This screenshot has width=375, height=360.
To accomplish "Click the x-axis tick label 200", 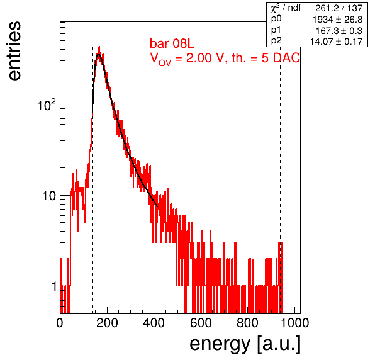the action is [x=107, y=323].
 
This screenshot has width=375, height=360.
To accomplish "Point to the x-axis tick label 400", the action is [x=154, y=323].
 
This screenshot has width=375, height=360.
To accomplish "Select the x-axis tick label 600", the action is [x=201, y=323].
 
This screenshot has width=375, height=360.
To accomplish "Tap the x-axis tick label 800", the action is [x=247, y=323].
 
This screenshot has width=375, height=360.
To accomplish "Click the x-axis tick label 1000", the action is [x=294, y=323].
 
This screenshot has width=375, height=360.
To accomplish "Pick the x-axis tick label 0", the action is [x=60, y=323].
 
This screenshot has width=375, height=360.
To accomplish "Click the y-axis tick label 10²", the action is [x=47, y=104].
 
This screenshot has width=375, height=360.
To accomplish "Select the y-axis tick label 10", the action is [x=49, y=196].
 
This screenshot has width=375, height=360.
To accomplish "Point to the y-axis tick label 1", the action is [x=54, y=286].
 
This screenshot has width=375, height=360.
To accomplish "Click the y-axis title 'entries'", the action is [x=14, y=51].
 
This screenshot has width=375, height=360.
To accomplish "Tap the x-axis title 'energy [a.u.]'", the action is [x=245, y=344].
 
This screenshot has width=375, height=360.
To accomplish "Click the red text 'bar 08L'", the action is [x=172, y=43].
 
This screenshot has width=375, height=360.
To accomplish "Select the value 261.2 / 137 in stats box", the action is [x=339, y=8].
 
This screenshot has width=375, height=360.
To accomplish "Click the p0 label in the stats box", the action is [x=276, y=19].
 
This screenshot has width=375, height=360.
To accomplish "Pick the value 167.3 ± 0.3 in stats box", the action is [x=339, y=31].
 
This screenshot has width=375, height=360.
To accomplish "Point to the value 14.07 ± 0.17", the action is [x=336, y=42].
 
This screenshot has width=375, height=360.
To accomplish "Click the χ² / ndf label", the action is [x=286, y=8].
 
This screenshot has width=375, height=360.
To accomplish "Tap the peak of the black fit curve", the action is [x=98, y=55].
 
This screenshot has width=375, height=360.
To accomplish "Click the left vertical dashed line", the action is [x=92, y=180].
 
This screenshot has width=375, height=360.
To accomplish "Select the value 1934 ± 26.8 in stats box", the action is [x=337, y=20].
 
